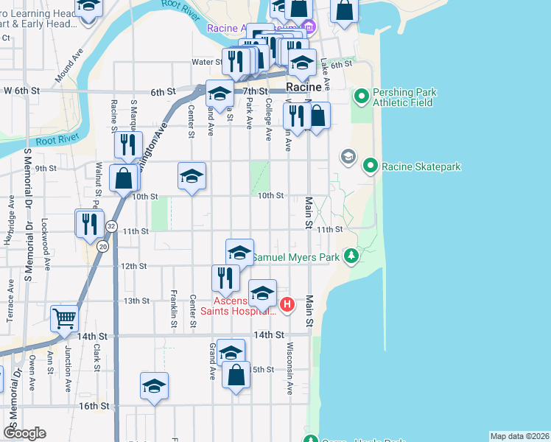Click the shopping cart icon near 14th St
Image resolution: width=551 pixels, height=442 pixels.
pos(65,318)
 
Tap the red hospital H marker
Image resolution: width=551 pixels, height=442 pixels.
pos(288,303)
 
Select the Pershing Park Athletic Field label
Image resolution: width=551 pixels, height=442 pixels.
pos(404,98)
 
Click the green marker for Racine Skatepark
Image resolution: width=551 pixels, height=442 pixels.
pos(371,166)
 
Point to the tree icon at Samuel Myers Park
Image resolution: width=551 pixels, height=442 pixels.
pos(352,256)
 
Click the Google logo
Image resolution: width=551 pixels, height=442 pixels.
pos(24,433)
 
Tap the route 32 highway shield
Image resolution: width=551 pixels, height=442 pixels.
pos(110,225)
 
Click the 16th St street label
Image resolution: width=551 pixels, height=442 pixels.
pos(94,406)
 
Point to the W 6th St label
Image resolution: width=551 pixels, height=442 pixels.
pos(20,91)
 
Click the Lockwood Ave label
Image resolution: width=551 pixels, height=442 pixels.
pos(46,235)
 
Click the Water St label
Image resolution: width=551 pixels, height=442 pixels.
pos(207,63)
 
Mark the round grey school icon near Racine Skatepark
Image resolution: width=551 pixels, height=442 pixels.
pos(348,156)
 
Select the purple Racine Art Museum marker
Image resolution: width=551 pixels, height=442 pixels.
pos(309,29)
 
